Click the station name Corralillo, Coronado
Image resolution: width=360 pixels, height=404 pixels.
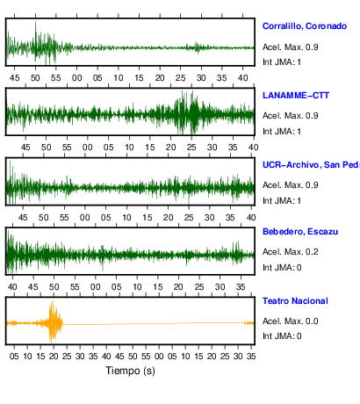pos(305,26)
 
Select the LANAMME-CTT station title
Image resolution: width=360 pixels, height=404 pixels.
pos(296,96)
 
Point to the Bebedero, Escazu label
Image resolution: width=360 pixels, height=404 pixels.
pos(300,232)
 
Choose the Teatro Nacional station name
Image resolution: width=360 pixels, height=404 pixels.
pos(295,301)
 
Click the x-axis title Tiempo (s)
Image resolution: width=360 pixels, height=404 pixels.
pos(130,371)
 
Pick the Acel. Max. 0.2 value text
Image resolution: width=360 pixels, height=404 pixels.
pos(290,252)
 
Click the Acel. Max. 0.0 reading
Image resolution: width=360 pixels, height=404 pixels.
pos(290,321)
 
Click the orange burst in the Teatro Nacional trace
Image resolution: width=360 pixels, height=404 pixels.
pos(54,321)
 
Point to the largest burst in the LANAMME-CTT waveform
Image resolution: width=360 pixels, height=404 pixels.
pos(187,113)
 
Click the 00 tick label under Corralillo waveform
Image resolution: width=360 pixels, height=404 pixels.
pos(77,78)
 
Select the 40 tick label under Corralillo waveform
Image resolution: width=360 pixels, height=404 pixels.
pos(242,78)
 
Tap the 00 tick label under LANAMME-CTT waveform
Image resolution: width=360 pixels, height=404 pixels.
pos(88,148)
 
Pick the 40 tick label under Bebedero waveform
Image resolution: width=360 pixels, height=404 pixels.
pos(12,287)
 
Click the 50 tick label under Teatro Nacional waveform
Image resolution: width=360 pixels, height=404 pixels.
pos(133,357)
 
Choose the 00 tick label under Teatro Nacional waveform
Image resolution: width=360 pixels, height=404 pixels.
pos(159,357)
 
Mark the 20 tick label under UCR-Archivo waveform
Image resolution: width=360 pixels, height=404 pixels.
pos(168,218)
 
